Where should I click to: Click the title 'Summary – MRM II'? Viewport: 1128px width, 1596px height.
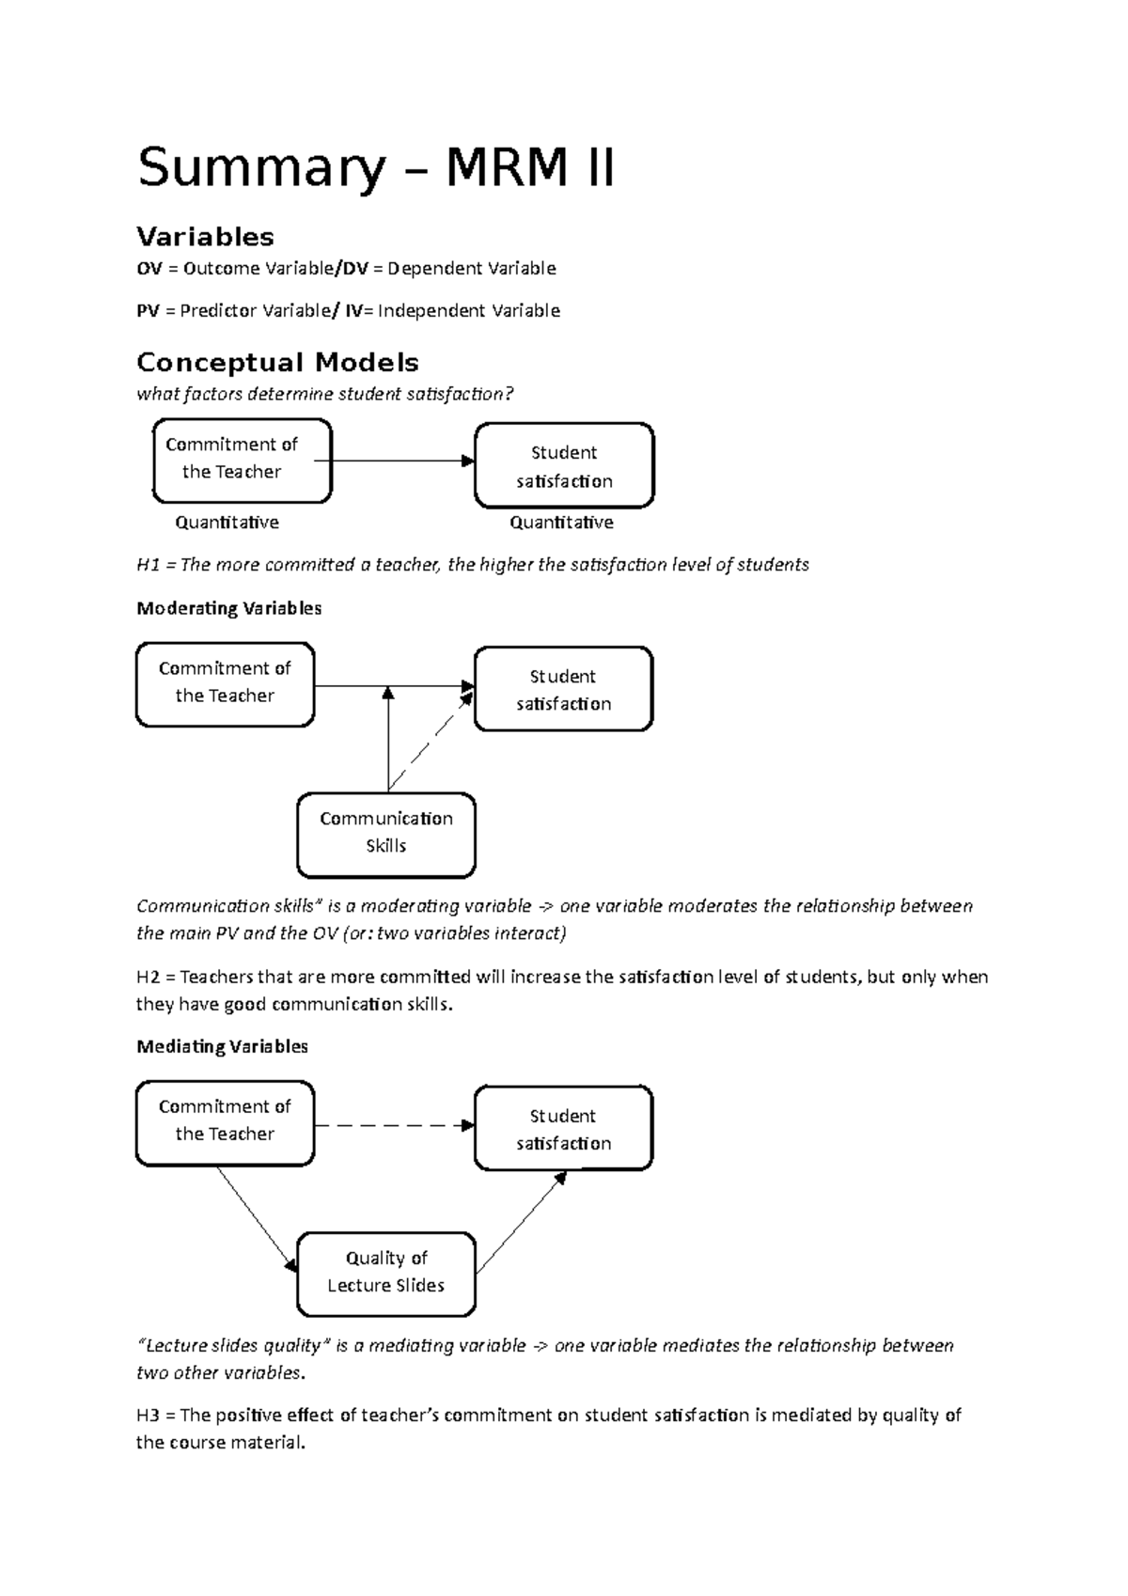pyautogui.click(x=376, y=169)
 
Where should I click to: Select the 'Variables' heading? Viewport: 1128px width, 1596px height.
pyautogui.click(x=205, y=236)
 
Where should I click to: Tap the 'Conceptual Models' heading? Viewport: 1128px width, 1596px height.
pyautogui.click(x=277, y=362)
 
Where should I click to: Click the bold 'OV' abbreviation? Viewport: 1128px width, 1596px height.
pyautogui.click(x=149, y=269)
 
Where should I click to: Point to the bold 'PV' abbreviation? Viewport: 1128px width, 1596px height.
pyautogui.click(x=148, y=311)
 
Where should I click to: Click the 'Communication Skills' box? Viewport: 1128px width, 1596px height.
pyautogui.click(x=385, y=834)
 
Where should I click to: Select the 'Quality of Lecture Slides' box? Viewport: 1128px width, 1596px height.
pyautogui.click(x=385, y=1273)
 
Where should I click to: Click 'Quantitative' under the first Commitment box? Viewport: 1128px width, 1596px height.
pyautogui.click(x=227, y=523)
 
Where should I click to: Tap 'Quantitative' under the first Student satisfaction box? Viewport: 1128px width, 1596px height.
pyautogui.click(x=561, y=523)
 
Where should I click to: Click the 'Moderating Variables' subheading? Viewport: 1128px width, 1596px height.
pyautogui.click(x=228, y=608)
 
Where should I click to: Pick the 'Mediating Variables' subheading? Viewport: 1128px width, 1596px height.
pyautogui.click(x=222, y=1046)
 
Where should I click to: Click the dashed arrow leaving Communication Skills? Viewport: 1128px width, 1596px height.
pyautogui.click(x=431, y=740)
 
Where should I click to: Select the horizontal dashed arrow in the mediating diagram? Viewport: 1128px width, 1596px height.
pyautogui.click(x=393, y=1125)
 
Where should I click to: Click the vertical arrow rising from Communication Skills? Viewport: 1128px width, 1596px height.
pyautogui.click(x=387, y=743)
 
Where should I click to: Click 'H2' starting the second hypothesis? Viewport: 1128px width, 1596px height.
pyautogui.click(x=149, y=978)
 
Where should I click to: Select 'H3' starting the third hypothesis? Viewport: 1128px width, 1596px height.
pyautogui.click(x=149, y=1416)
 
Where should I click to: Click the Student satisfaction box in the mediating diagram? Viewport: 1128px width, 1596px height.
pyautogui.click(x=563, y=1129)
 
